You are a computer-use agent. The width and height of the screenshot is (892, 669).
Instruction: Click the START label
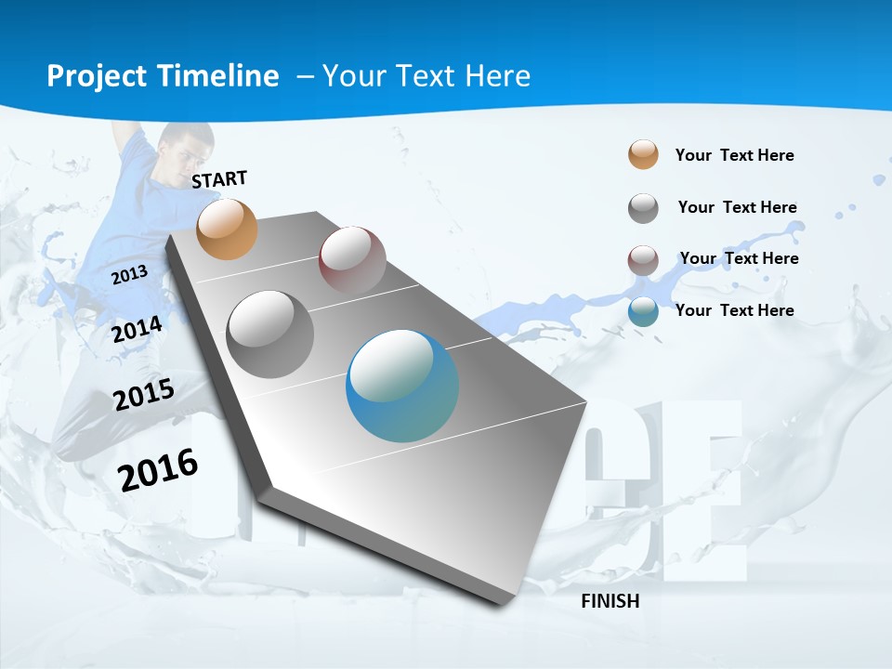pos(219,179)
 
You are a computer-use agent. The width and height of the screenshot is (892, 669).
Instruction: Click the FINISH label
pos(610,601)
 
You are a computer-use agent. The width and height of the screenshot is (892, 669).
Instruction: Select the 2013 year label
pos(129,274)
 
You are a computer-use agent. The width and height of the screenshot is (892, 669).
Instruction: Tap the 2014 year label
pos(137,330)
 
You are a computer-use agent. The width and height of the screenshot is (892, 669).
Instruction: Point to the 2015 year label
pos(143,395)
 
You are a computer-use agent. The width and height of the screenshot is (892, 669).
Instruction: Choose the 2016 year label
pos(158,470)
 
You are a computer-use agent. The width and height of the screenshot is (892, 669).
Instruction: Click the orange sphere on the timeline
pos(228,229)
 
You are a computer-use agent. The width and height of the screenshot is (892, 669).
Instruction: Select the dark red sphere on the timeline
pos(352,259)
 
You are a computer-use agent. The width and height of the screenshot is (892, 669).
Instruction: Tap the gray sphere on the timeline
pos(270,334)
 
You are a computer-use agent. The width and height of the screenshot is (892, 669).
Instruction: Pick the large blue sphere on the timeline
pos(402,387)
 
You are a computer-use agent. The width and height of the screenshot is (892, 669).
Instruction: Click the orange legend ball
pos(643,155)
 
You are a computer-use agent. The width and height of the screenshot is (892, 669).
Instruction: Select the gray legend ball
pos(643,208)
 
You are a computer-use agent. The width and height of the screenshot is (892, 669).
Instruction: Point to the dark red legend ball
pos(643,260)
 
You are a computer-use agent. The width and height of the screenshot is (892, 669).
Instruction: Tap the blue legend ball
pos(643,311)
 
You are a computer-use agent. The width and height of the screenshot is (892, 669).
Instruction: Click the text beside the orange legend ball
pos(734,155)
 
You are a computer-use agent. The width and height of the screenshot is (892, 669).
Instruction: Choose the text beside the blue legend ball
pos(734,310)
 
